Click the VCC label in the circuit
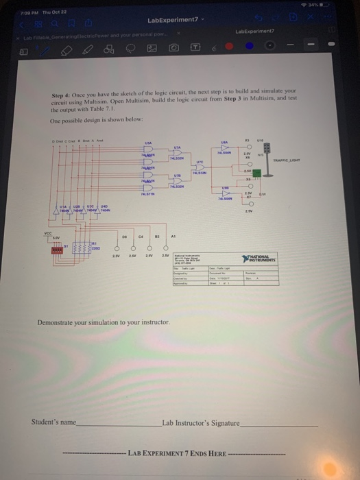point(48,233)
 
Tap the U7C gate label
point(200,162)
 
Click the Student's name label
point(53,422)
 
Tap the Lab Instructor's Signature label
point(201,422)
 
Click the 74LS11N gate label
point(144,194)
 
